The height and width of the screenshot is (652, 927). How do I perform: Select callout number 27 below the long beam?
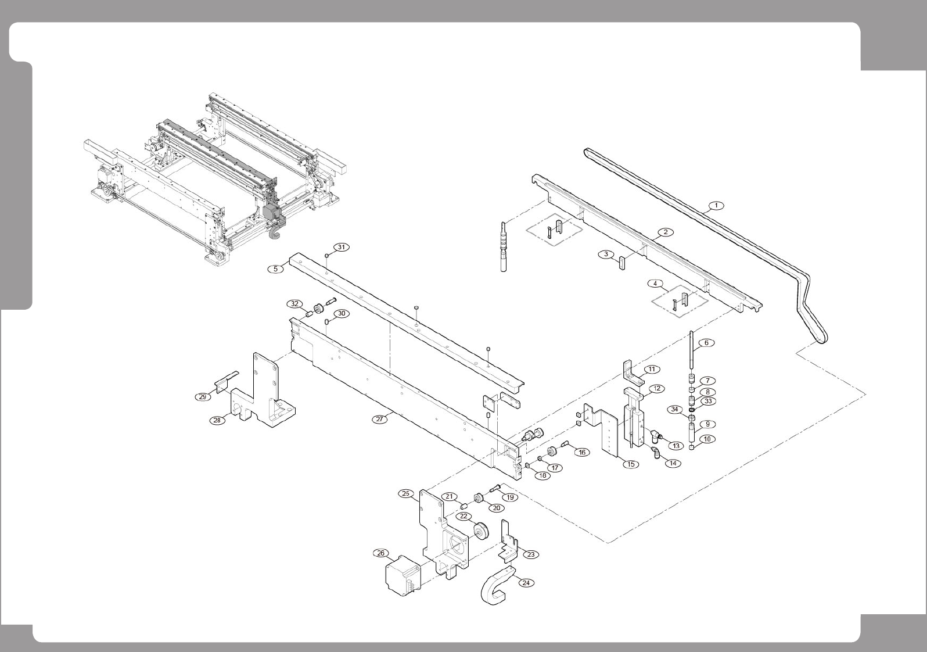point(380,419)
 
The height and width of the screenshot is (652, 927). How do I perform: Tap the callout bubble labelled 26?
point(381,553)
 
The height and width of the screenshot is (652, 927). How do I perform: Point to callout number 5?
point(275,268)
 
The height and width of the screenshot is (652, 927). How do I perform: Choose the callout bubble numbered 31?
point(342,247)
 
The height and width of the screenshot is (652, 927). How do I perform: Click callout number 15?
point(630,464)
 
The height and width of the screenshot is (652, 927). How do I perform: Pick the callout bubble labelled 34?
point(674,410)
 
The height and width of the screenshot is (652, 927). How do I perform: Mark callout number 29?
point(202,397)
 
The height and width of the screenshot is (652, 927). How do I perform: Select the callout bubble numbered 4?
point(655,284)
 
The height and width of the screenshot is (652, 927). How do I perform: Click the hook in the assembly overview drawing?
point(275,231)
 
